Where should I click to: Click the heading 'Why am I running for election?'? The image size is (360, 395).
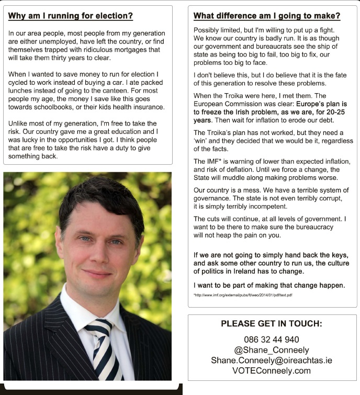[x=71, y=16]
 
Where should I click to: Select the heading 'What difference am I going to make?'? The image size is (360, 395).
[x=267, y=16]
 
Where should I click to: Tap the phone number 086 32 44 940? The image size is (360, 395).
[x=272, y=340]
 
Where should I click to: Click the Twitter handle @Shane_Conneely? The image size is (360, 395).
[x=272, y=350]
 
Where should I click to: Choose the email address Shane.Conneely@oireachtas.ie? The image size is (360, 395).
[x=272, y=360]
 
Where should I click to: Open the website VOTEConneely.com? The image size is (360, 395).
[x=272, y=371]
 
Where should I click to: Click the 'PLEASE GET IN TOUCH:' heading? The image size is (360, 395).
[x=272, y=324]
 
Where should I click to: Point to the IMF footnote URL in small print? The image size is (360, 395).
[x=243, y=295]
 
